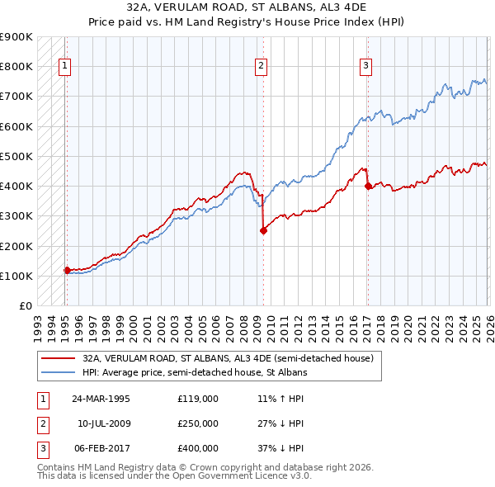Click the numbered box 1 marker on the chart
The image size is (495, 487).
[x=64, y=67]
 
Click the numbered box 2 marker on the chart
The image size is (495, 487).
[x=261, y=67]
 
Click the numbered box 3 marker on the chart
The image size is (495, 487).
[x=365, y=67]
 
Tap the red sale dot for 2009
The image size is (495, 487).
[x=263, y=231]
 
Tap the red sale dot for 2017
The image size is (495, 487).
[x=368, y=187]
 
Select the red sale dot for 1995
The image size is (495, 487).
[x=67, y=270]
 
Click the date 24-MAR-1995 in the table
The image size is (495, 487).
[x=101, y=398]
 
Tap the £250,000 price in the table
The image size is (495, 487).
[x=197, y=423]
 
